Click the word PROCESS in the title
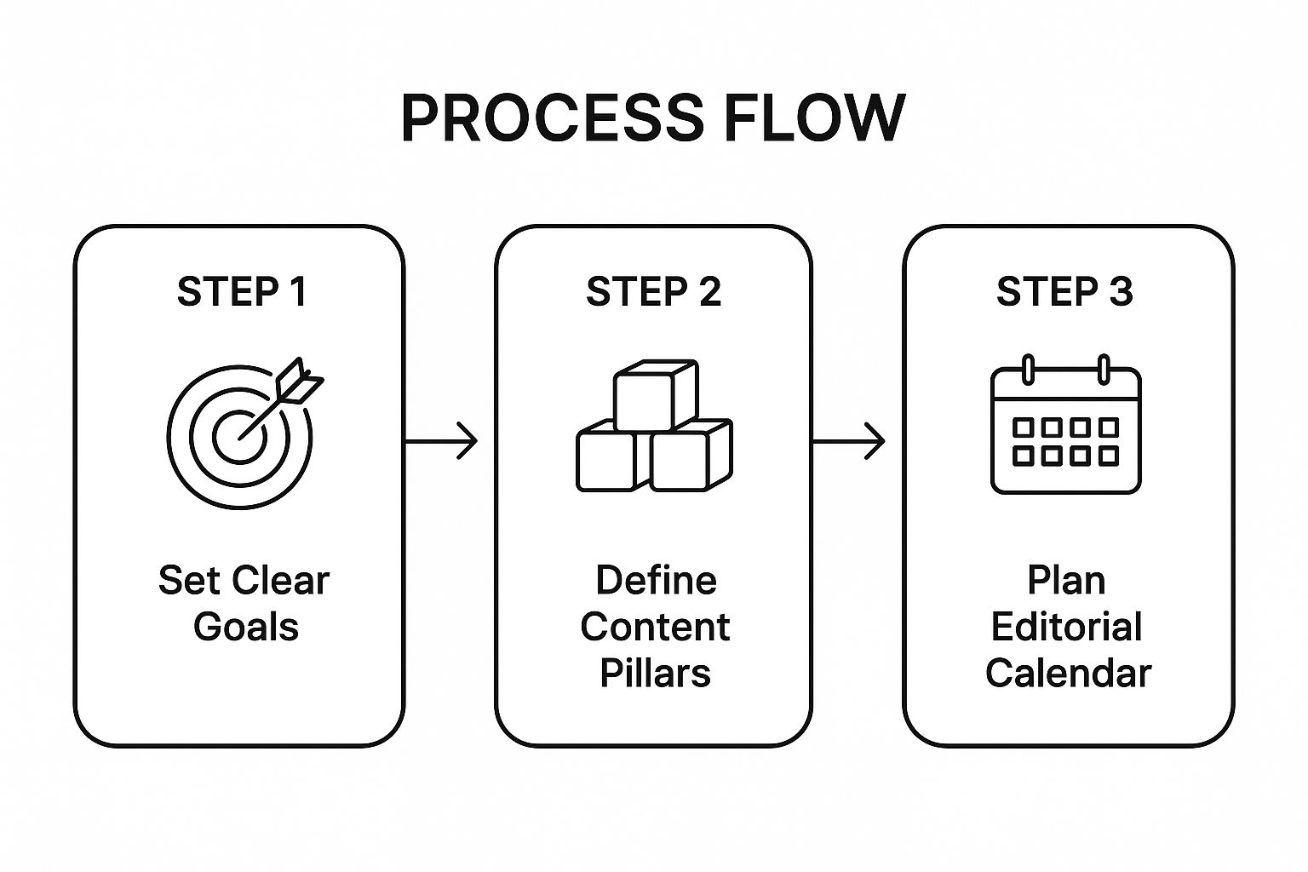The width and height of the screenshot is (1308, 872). [x=552, y=118]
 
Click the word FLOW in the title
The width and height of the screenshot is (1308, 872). [x=814, y=118]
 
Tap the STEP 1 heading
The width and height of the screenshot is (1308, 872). [x=241, y=292]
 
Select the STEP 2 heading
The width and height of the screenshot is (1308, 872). [x=653, y=292]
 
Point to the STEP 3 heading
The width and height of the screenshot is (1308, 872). [x=1064, y=292]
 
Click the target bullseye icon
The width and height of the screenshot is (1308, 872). [x=238, y=436]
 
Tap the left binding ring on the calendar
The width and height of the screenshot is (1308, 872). [x=1028, y=370]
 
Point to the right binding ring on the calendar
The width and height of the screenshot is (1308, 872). [x=1104, y=370]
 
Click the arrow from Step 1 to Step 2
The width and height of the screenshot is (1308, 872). [x=440, y=441]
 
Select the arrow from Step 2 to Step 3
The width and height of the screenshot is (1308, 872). [x=848, y=441]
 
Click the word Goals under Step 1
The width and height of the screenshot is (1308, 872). [x=245, y=627]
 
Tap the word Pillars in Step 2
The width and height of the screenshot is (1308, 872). [x=655, y=673]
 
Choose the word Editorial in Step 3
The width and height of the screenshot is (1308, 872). [x=1066, y=627]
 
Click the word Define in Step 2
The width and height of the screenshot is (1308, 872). [x=656, y=581]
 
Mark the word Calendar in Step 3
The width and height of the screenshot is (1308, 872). [x=1068, y=673]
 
